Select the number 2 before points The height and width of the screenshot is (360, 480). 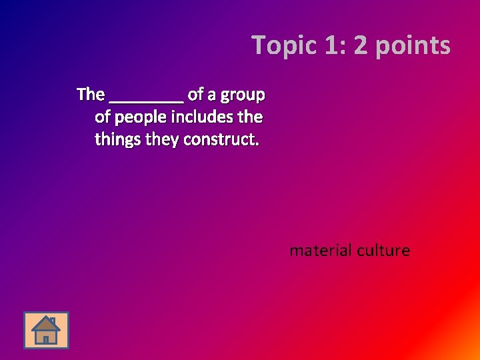pyautogui.click(x=361, y=46)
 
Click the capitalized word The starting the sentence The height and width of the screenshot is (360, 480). pyautogui.click(x=91, y=95)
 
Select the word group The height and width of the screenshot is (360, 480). pyautogui.click(x=244, y=95)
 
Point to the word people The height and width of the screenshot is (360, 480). pyautogui.click(x=141, y=118)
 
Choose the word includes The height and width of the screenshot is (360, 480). pyautogui.click(x=203, y=117)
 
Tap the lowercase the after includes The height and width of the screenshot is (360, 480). pyautogui.click(x=251, y=117)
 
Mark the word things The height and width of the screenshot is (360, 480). pyautogui.click(x=117, y=141)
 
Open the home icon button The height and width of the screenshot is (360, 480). pyautogui.click(x=46, y=330)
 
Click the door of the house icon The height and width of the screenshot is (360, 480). pyautogui.click(x=45, y=338)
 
